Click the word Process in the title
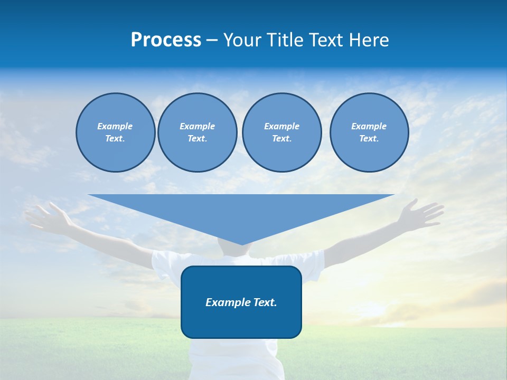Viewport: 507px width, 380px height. tap(166, 40)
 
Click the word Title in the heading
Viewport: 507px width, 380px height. tap(283, 40)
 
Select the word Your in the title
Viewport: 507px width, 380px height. tap(241, 40)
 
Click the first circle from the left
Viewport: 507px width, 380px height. tap(115, 132)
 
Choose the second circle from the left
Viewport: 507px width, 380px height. tap(197, 132)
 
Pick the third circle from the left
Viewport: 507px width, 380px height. tap(281, 132)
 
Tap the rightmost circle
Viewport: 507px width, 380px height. tap(369, 132)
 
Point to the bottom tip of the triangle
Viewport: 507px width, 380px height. tap(242, 244)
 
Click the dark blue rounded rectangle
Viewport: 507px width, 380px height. tap(241, 322)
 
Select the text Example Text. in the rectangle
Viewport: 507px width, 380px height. tap(241, 302)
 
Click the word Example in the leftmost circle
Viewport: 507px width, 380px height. tap(115, 126)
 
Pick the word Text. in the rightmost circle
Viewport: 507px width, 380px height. tap(369, 139)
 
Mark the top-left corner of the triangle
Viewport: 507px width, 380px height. tap(89, 195)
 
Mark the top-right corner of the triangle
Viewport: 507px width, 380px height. tap(394, 195)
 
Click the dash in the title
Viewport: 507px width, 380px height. tap(212, 40)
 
